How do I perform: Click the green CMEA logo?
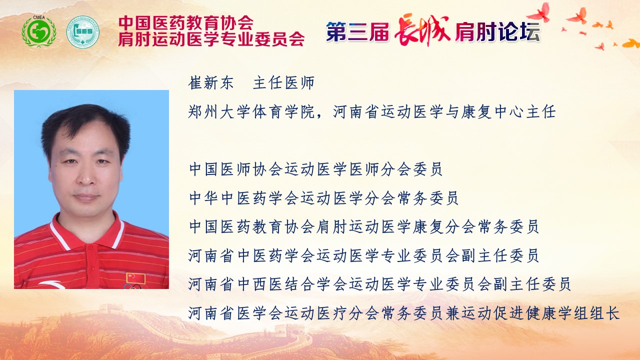(39, 31)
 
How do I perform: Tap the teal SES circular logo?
(83, 31)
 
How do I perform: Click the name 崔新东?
(211, 83)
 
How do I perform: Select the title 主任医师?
(283, 83)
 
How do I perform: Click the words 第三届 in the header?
(357, 31)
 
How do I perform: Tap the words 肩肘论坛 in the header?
(497, 31)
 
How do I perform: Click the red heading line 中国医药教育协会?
(186, 23)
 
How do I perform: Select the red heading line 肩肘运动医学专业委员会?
(211, 39)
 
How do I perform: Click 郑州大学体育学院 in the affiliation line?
(251, 111)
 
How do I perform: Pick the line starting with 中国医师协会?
(315, 169)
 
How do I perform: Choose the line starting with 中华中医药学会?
(323, 198)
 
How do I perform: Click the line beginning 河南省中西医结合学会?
(379, 284)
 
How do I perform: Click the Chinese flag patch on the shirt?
(135, 278)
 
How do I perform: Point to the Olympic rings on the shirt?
(134, 286)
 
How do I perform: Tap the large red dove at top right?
(539, 12)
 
